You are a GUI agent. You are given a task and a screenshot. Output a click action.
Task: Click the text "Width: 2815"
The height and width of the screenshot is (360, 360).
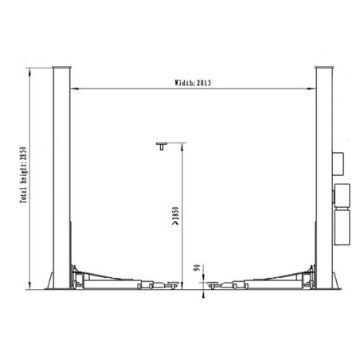[x=194, y=82]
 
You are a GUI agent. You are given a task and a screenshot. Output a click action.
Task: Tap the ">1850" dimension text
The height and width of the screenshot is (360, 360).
[x=173, y=217]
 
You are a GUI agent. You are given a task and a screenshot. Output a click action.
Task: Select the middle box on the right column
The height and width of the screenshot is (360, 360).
[x=342, y=194]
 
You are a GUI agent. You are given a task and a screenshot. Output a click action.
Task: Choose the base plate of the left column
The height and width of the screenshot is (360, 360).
[x=61, y=287]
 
